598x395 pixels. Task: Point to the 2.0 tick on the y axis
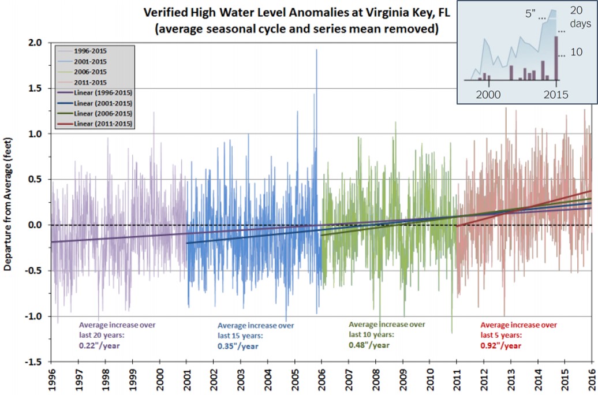click(36, 43)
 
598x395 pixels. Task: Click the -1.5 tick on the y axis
click(34, 362)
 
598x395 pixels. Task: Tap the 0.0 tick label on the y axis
click(36, 225)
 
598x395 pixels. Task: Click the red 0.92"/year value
click(501, 346)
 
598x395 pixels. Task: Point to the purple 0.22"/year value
click(101, 346)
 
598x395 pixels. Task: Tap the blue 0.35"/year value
click(238, 346)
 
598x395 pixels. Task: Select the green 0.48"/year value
click(369, 345)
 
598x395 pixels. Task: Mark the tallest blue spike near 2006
click(316, 52)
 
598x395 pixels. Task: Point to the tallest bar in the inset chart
click(556, 58)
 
